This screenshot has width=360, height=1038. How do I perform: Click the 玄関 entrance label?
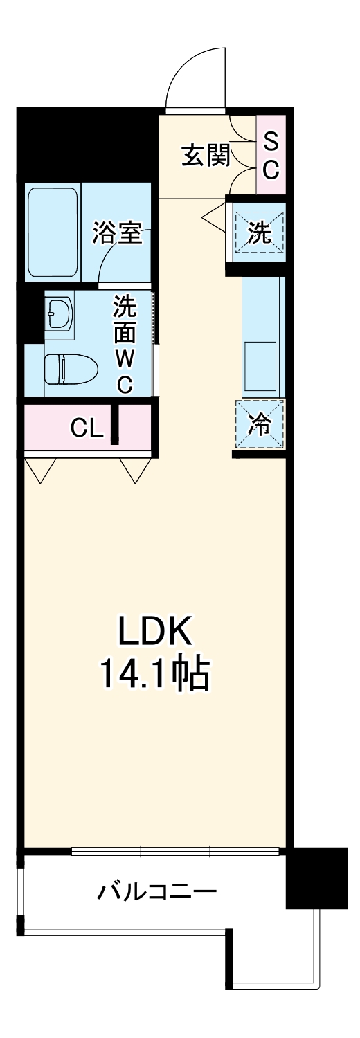click(x=205, y=156)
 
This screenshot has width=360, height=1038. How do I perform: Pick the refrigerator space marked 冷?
click(x=260, y=424)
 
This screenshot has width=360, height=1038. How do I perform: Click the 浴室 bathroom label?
click(x=118, y=234)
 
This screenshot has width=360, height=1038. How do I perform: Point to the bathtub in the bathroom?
click(x=53, y=232)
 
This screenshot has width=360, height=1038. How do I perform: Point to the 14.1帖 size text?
click(x=154, y=673)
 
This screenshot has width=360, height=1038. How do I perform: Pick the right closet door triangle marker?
click(x=136, y=469)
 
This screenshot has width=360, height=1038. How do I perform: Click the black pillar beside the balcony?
click(x=316, y=877)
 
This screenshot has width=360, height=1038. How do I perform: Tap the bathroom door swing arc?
click(x=111, y=263)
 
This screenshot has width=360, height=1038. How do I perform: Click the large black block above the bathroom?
click(x=87, y=144)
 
